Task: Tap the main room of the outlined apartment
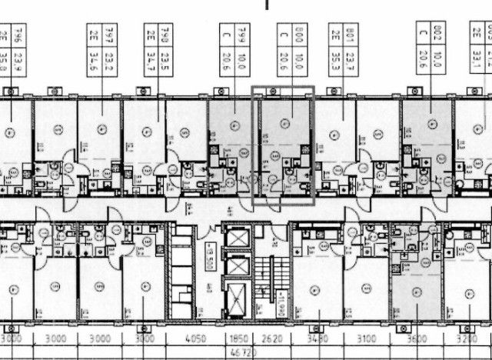[x=285, y=123]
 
